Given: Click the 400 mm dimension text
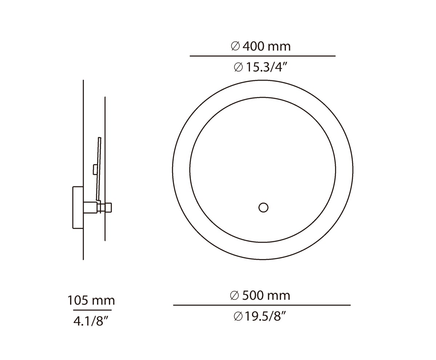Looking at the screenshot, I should point(266,46).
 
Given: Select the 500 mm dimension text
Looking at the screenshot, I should point(266,295).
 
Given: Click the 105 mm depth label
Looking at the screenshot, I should point(91,300).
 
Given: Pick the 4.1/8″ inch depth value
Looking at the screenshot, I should point(91,321).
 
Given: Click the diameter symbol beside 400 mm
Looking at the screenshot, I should point(235,46).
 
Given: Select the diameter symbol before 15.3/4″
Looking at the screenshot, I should point(238,67).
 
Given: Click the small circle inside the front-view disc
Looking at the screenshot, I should point(263,208).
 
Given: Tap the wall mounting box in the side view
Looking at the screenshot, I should point(78,207).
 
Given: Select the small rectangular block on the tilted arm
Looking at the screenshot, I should point(95,169).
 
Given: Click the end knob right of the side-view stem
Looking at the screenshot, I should point(109,207).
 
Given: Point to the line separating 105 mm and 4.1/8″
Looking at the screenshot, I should point(92,310).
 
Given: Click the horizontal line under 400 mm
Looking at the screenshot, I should point(262,56).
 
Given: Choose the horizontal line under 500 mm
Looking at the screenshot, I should point(262,305).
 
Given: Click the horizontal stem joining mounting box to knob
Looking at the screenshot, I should point(91,207).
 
